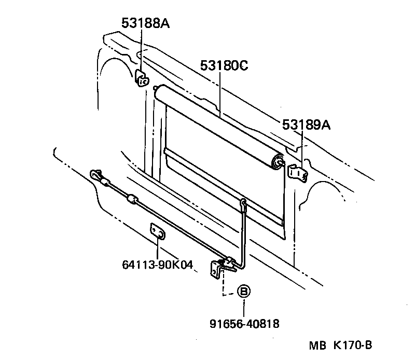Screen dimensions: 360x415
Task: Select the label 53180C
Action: coord(224,65)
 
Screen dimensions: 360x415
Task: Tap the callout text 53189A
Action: coord(307,125)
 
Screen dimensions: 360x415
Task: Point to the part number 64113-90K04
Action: coord(158,266)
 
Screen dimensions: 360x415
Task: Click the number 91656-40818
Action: coord(244,324)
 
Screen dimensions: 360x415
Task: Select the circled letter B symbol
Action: coord(243,292)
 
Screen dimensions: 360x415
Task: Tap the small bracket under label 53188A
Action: coord(141,77)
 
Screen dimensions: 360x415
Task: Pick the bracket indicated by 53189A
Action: coord(297,172)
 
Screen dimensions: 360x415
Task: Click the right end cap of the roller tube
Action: coord(279,162)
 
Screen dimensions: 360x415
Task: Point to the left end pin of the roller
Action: coord(156,89)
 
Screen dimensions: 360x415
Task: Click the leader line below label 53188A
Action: coord(141,49)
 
